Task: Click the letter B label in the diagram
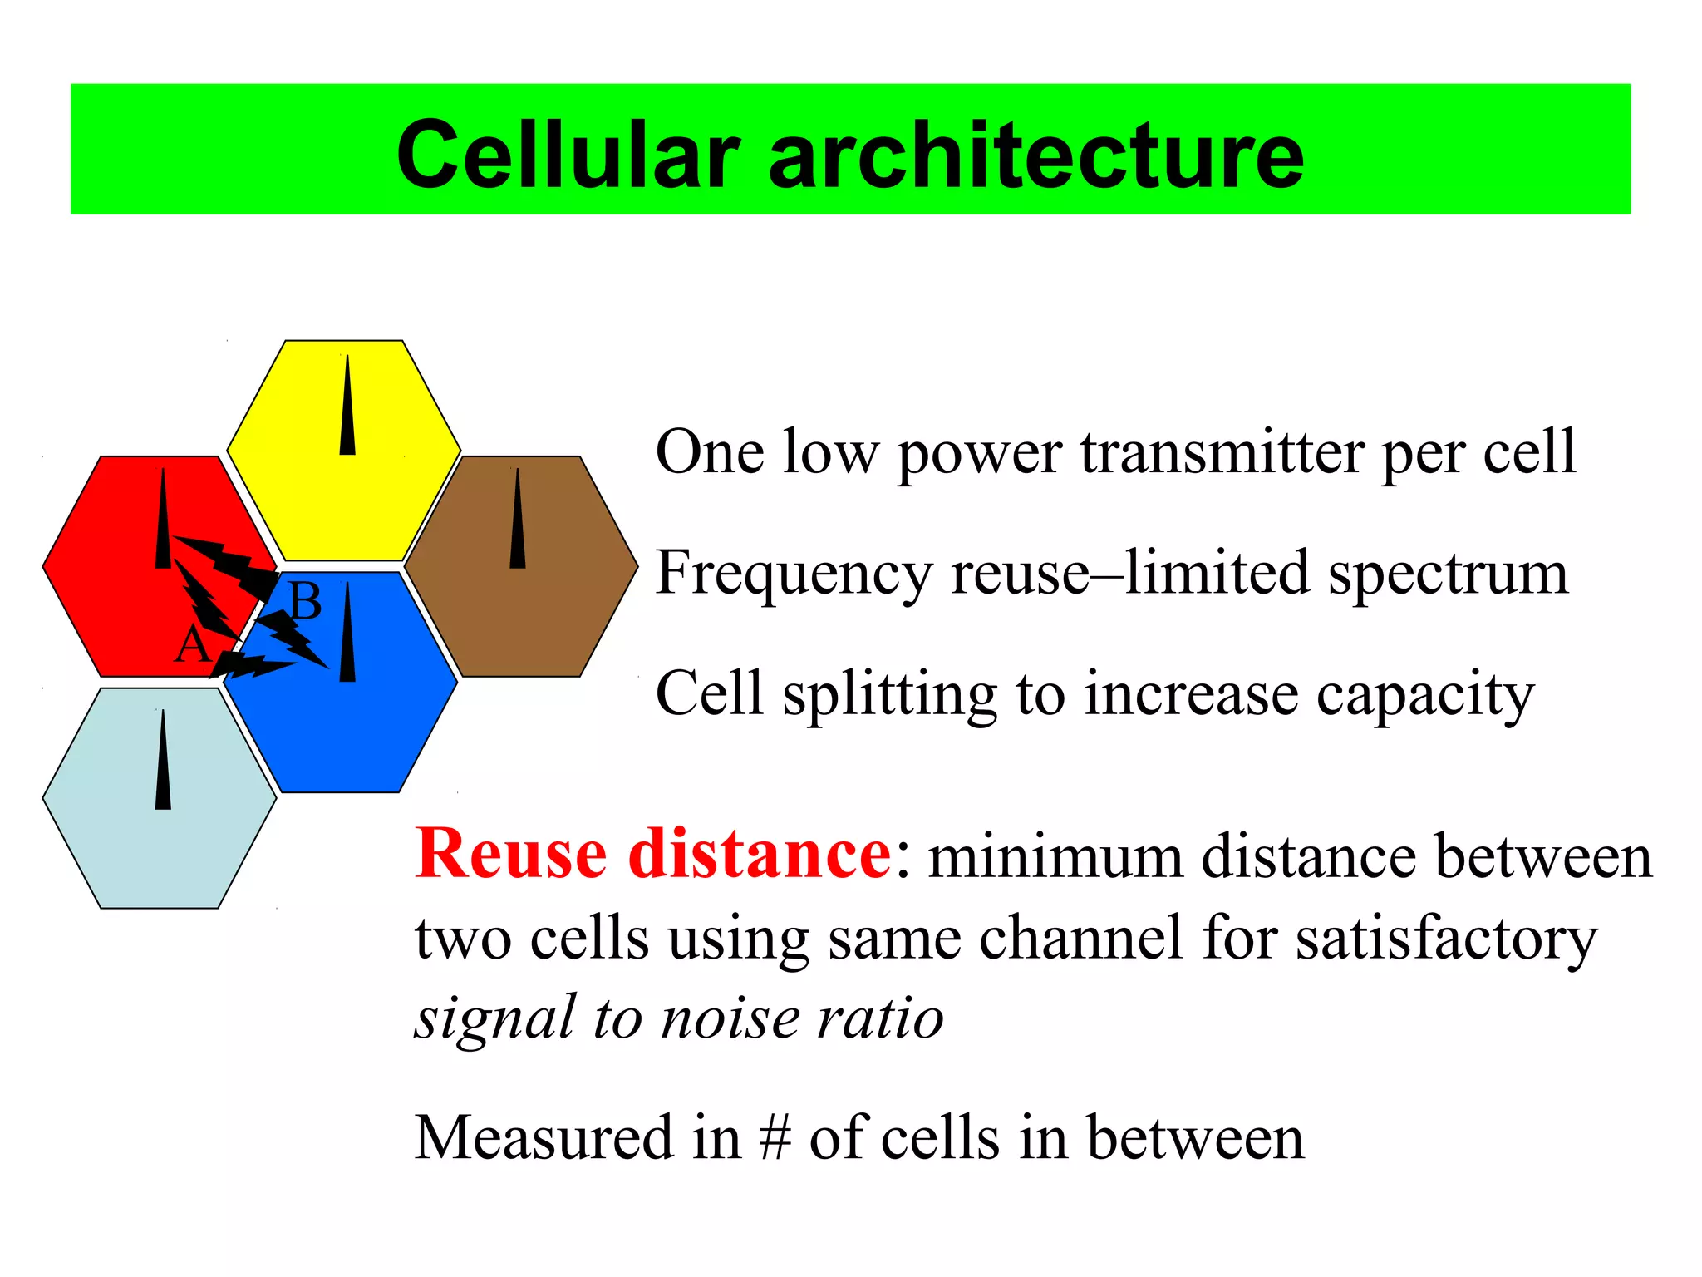pos(305,601)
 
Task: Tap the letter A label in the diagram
pos(192,644)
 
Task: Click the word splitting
pos(889,695)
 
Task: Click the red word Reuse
pos(511,855)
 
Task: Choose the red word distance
pos(760,855)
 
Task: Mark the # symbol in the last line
pos(775,1138)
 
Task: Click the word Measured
pos(544,1138)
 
